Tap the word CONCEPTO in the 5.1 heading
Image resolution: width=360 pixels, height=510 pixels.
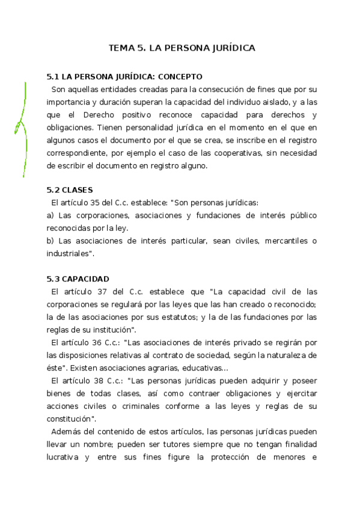(x=179, y=77)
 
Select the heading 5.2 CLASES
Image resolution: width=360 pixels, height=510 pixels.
(x=70, y=190)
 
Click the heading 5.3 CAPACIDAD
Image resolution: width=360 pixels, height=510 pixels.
(x=78, y=279)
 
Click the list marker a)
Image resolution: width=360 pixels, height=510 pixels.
(x=50, y=215)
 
